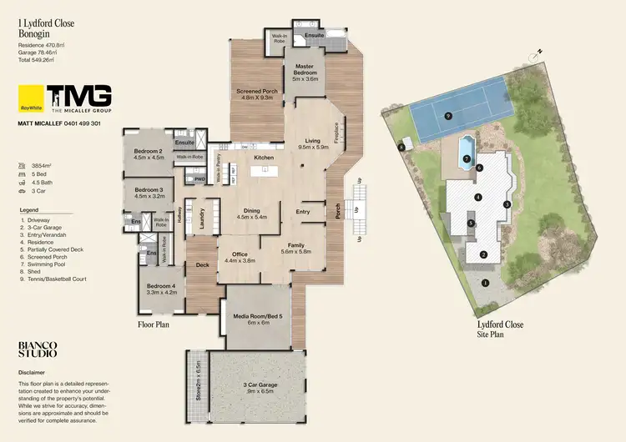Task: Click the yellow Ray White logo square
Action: point(30,98)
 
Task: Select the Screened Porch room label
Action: point(257,93)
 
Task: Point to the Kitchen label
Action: point(264,158)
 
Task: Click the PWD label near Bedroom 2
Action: point(199,179)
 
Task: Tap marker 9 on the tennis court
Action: point(448,116)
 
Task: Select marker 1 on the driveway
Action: point(484,282)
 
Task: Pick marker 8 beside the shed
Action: point(401,147)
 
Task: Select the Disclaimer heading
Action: point(32,373)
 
